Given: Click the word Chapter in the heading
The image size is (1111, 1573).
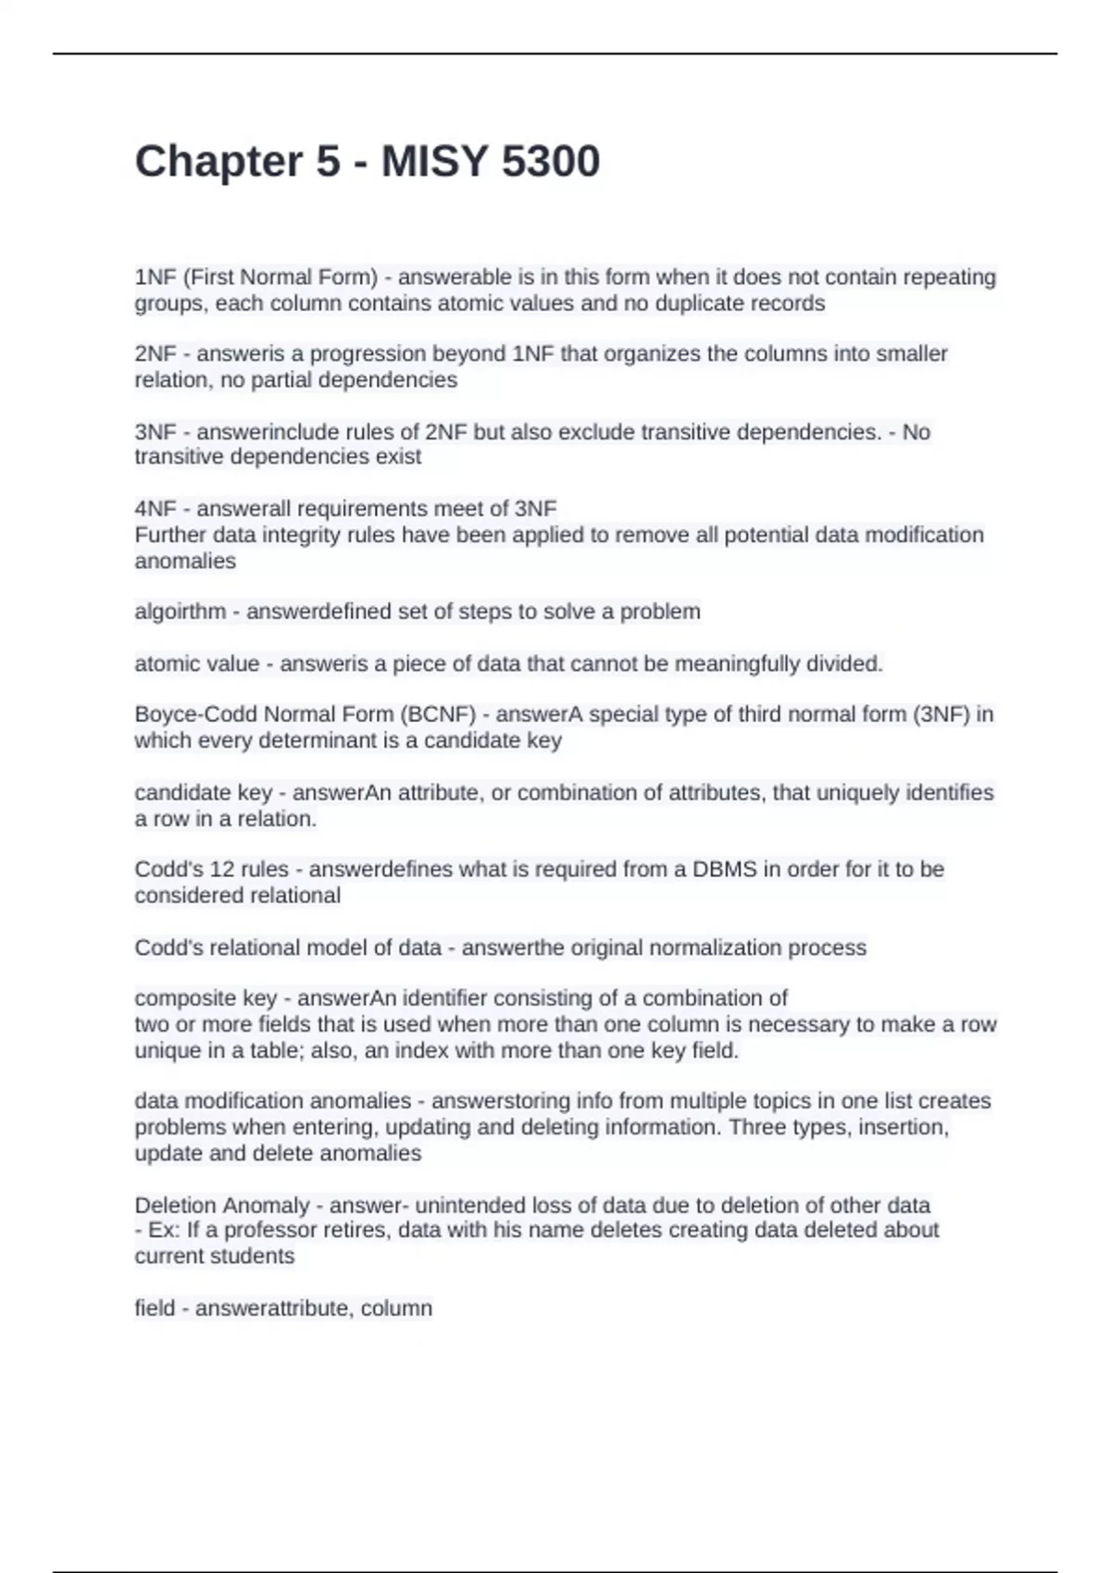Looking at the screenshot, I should [x=218, y=162].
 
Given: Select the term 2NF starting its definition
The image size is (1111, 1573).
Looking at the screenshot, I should [x=155, y=353].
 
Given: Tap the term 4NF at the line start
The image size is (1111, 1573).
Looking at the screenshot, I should [x=155, y=508].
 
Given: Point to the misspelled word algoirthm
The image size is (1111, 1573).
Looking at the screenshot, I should [x=180, y=612].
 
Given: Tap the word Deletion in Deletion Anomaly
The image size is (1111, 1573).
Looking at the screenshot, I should [x=175, y=1205].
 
